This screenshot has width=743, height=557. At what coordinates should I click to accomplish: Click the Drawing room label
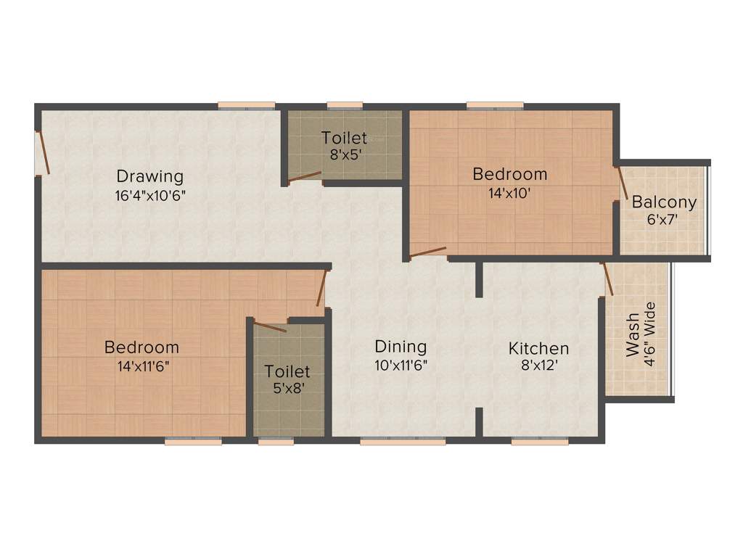tap(150, 176)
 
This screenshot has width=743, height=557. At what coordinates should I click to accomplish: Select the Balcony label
tap(664, 202)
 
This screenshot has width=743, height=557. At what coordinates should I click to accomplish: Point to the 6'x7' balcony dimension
tap(662, 219)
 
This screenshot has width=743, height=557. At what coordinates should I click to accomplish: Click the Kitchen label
tap(538, 348)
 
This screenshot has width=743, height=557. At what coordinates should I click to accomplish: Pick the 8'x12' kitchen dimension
tap(538, 366)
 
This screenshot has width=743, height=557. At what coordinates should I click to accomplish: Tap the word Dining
tap(401, 347)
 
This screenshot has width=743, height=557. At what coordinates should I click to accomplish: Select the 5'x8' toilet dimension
tap(287, 388)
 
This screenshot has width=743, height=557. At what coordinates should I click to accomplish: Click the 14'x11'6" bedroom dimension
tap(141, 366)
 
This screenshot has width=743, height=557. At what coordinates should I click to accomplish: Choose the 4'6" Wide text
tap(650, 334)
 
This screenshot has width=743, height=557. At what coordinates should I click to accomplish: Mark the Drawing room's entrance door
tap(43, 152)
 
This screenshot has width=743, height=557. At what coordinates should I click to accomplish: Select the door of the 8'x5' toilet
tap(304, 177)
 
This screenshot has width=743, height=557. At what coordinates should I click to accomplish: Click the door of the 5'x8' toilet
tap(269, 325)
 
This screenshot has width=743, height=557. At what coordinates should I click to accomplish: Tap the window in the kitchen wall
tap(540, 440)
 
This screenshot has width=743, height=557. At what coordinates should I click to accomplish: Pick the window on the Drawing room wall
tap(247, 106)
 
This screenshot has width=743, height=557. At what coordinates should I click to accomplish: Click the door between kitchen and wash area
tap(607, 279)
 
